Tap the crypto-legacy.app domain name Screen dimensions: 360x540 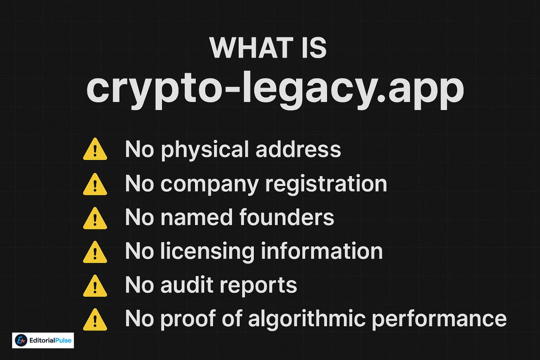(x=275, y=88)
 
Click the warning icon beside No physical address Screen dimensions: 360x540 (x=95, y=149)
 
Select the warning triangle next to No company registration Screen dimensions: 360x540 (x=95, y=185)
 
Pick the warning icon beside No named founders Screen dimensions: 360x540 (x=95, y=219)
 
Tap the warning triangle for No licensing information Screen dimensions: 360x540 (x=95, y=252)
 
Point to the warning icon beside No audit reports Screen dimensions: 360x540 (x=95, y=286)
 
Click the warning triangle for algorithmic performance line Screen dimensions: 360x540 (x=95, y=320)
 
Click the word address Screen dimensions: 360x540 (x=298, y=149)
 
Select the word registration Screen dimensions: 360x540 (x=326, y=184)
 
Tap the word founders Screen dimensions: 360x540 (x=287, y=217)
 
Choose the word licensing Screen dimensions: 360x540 (x=207, y=252)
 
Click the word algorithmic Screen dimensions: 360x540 (x=307, y=319)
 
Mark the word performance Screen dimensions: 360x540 (x=439, y=319)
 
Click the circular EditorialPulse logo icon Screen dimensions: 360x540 (x=21, y=340)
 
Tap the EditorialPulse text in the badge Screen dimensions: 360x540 (x=50, y=340)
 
